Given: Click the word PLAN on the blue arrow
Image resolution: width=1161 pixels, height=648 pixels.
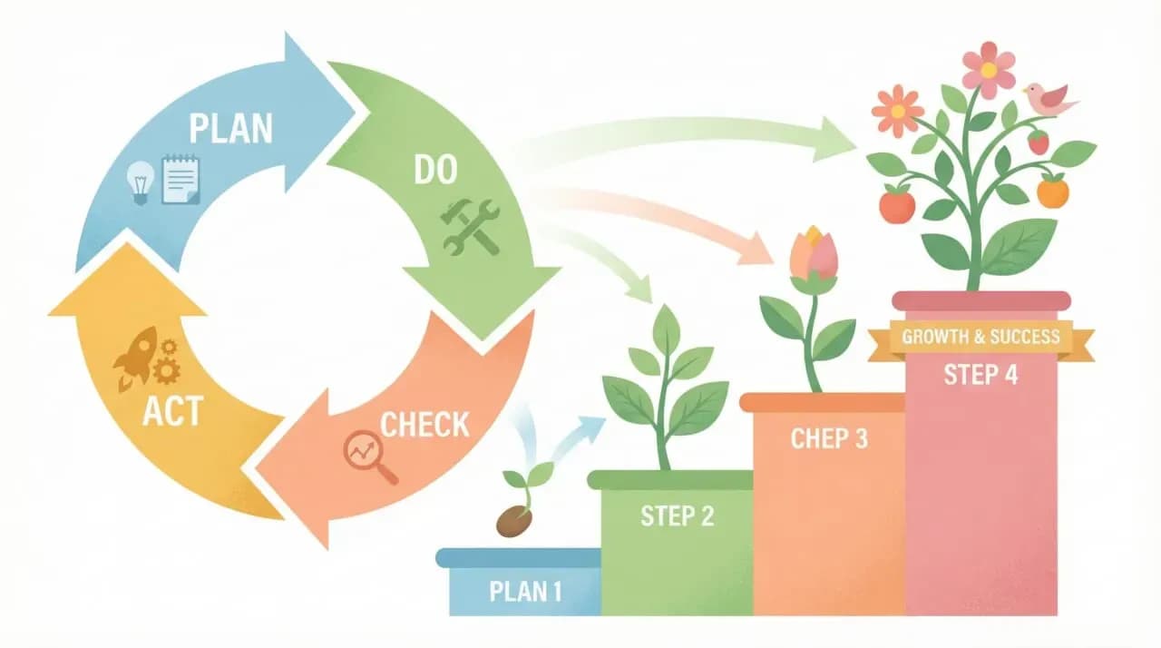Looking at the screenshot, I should (230, 129).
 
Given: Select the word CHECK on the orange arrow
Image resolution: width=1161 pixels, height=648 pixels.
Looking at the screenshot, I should (424, 424).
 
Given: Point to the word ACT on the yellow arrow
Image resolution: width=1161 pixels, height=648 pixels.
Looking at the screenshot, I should (172, 411).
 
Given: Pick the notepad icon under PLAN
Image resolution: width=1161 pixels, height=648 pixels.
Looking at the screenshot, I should (180, 179).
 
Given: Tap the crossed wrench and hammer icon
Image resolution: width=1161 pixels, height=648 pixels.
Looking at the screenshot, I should (470, 225).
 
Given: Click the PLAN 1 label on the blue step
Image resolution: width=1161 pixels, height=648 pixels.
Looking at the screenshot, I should (525, 592).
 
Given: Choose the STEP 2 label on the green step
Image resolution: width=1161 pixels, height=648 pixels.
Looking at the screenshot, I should (677, 515).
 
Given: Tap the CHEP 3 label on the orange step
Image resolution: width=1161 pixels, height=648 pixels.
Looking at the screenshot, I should (829, 438).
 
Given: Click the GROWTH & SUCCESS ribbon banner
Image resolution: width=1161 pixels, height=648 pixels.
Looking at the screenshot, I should (981, 338).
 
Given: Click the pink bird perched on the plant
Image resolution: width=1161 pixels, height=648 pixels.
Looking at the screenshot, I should (1048, 98).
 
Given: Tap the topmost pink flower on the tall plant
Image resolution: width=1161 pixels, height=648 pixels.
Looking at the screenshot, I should (989, 69).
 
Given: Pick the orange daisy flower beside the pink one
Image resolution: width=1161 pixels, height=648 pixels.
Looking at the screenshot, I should (897, 111).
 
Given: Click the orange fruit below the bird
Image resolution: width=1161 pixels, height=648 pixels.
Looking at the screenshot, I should (1052, 191).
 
